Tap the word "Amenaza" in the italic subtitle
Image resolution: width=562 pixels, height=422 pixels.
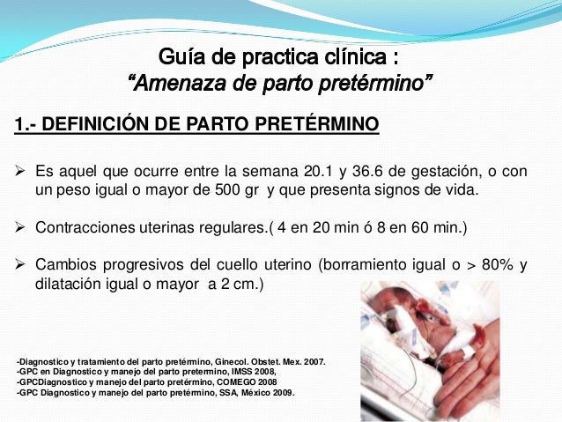[166, 86]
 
